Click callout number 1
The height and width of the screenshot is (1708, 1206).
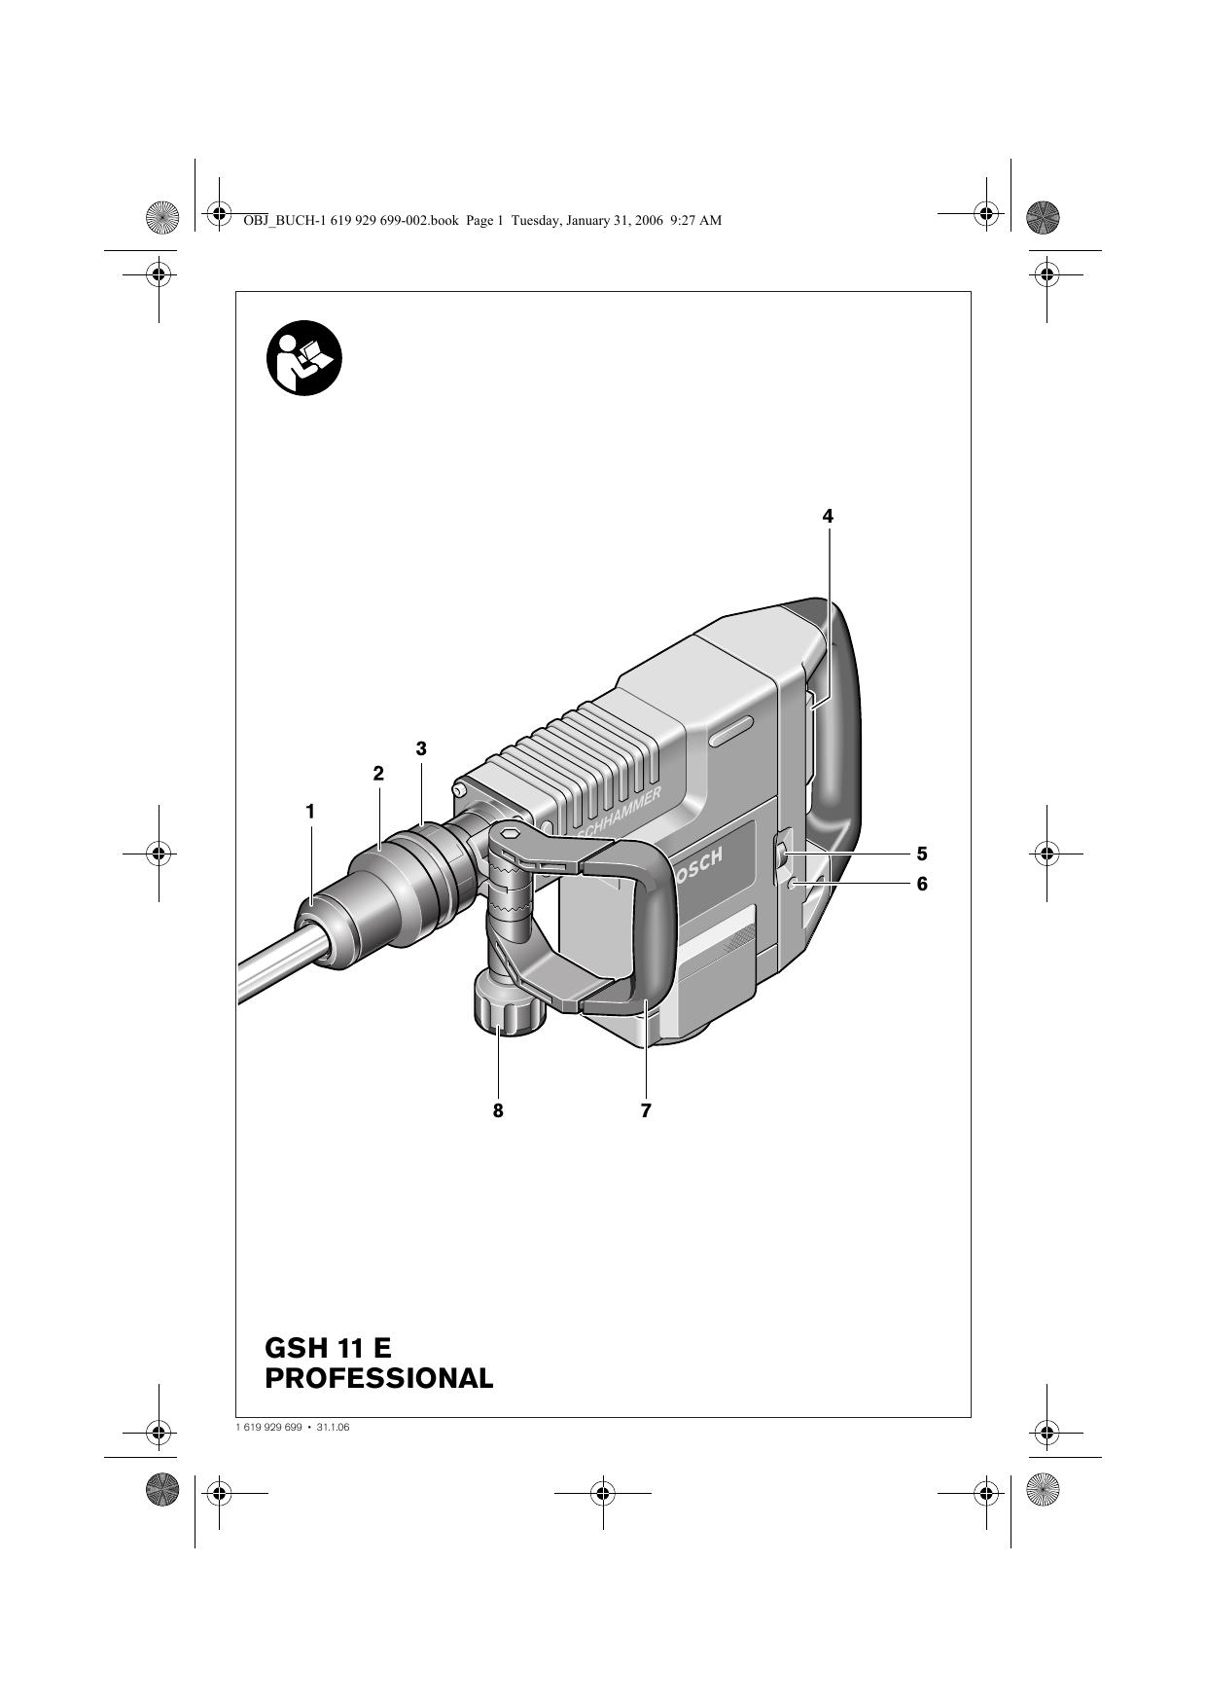pyautogui.click(x=310, y=811)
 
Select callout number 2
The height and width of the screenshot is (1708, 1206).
pyautogui.click(x=378, y=774)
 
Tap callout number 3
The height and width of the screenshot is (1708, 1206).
pyautogui.click(x=421, y=748)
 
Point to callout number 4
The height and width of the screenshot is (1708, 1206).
pyautogui.click(x=828, y=516)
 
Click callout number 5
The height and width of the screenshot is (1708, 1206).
pyautogui.click(x=921, y=854)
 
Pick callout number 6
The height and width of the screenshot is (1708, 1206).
pyautogui.click(x=921, y=884)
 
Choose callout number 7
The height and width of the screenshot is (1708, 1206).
pyautogui.click(x=646, y=1109)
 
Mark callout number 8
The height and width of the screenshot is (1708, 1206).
pyautogui.click(x=498, y=1109)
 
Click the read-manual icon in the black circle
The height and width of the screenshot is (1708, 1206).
pyautogui.click(x=304, y=358)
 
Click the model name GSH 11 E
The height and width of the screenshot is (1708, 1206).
pyautogui.click(x=328, y=1348)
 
